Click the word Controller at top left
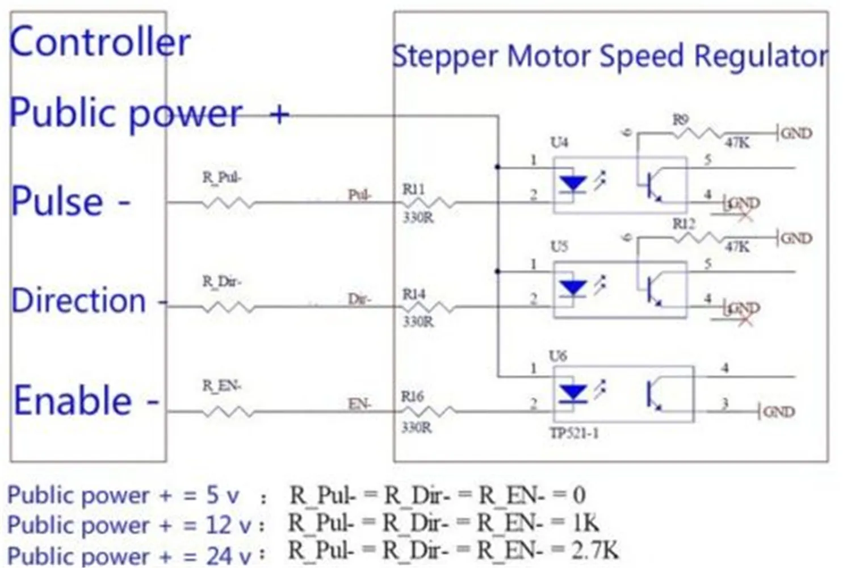coord(100,43)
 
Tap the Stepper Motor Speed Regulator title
coord(610,57)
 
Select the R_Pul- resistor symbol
coord(227,203)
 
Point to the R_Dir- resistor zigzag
coord(227,307)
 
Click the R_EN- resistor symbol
coord(227,412)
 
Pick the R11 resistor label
coord(413,189)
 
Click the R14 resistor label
coord(414,294)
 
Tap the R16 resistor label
coord(413,397)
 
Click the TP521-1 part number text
coord(574,434)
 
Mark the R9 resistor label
coord(681,120)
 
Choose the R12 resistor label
coord(684,224)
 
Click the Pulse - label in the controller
coord(70,202)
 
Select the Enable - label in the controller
coord(85,400)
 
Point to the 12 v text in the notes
coord(228,525)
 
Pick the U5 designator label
coord(559,247)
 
